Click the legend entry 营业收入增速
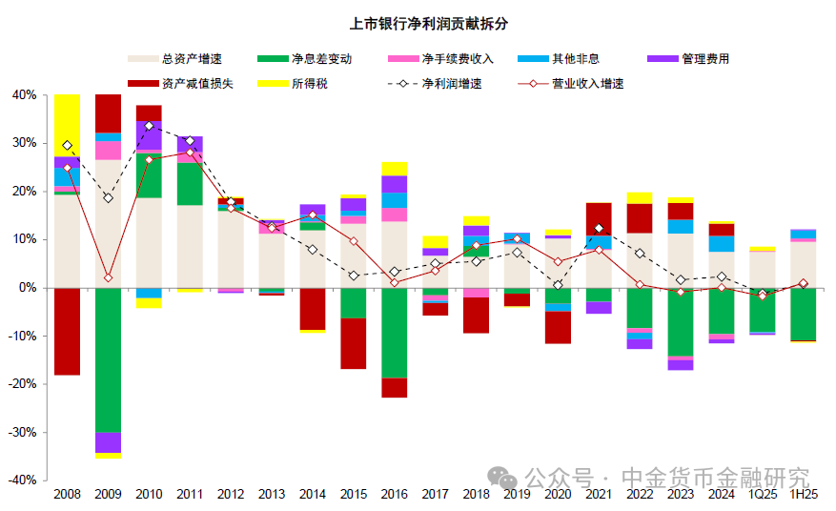click(x=586, y=83)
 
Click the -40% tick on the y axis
click(x=22, y=480)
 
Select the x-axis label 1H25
click(x=803, y=495)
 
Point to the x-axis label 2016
click(x=394, y=495)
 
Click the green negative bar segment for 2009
click(x=108, y=359)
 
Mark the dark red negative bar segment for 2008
click(x=67, y=331)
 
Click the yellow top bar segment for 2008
click(x=67, y=125)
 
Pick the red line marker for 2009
click(x=108, y=278)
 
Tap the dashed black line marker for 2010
click(x=149, y=126)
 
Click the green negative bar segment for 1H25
click(x=803, y=314)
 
